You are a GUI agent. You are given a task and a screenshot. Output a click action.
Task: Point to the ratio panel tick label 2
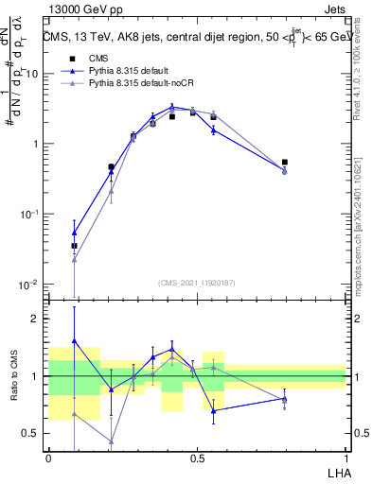point(35,319)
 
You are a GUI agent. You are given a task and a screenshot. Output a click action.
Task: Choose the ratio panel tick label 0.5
point(31,433)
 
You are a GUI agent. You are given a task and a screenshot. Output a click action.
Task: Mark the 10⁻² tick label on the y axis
point(28,285)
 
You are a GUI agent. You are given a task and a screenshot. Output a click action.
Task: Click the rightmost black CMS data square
point(285,163)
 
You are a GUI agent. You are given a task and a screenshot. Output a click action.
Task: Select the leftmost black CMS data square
point(74,246)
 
